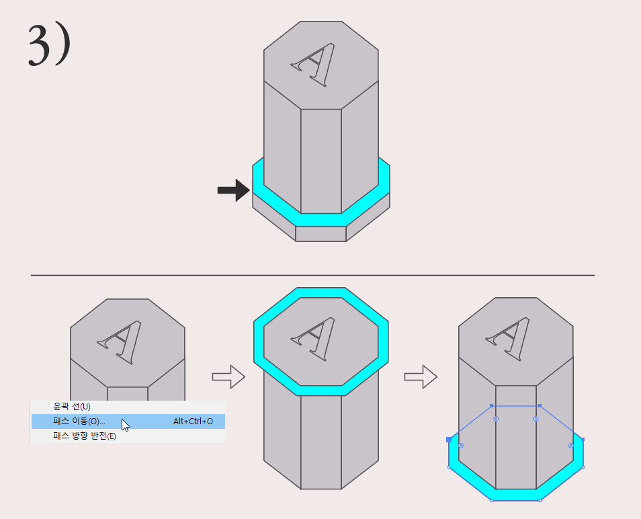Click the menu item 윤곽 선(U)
click(71, 407)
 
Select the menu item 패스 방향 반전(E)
click(85, 436)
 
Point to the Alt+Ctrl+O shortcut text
click(193, 422)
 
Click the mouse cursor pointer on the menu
click(125, 425)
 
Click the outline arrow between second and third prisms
click(420, 377)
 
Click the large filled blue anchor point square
click(449, 440)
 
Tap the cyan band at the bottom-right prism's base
click(515, 494)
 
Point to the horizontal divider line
click(312, 275)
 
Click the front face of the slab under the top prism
click(321, 233)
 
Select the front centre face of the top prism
click(321, 161)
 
